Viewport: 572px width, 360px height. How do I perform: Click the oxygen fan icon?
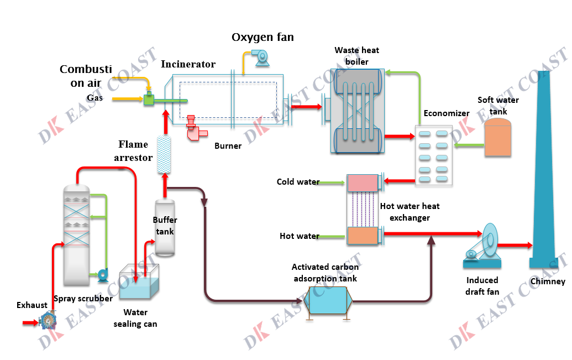(258, 56)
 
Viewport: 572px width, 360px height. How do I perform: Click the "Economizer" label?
(446, 113)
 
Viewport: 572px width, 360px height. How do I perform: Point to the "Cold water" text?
(298, 182)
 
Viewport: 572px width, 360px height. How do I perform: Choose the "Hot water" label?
(299, 236)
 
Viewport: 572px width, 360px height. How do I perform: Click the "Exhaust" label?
(32, 305)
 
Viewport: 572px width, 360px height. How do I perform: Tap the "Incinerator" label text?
(188, 65)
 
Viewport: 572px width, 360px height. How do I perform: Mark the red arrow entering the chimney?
(514, 245)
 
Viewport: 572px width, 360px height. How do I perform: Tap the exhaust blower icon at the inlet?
(48, 320)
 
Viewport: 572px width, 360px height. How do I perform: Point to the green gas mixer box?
(148, 100)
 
